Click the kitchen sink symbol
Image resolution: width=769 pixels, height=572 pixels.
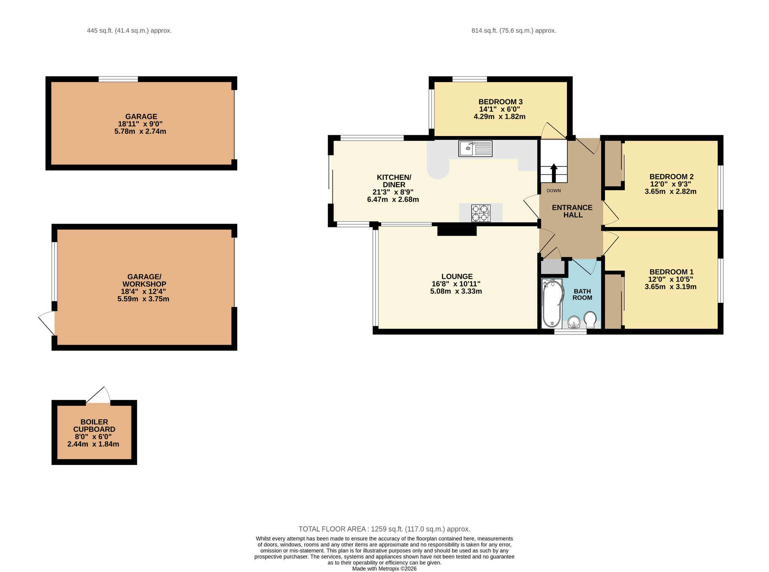(475, 148)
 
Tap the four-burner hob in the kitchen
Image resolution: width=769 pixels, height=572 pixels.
(481, 213)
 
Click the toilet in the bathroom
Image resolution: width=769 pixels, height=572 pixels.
(590, 319)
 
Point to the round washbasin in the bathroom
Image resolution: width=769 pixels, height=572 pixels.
(574, 322)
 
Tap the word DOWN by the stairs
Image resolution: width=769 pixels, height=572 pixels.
(553, 191)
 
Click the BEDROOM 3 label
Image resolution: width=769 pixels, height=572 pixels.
(501, 102)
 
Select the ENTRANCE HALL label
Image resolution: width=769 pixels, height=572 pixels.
(572, 211)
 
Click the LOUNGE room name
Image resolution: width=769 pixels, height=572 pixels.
(457, 276)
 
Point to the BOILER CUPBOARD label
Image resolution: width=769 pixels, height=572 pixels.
(94, 425)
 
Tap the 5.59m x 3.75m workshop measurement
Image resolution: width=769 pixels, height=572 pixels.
(143, 299)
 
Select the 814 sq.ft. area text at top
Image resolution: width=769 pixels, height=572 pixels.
(514, 31)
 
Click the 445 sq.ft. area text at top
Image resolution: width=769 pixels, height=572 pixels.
(130, 31)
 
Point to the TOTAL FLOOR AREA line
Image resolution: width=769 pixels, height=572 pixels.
(384, 529)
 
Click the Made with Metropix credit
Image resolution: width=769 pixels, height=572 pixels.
(384, 569)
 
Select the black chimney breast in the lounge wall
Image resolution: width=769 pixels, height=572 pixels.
(457, 230)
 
